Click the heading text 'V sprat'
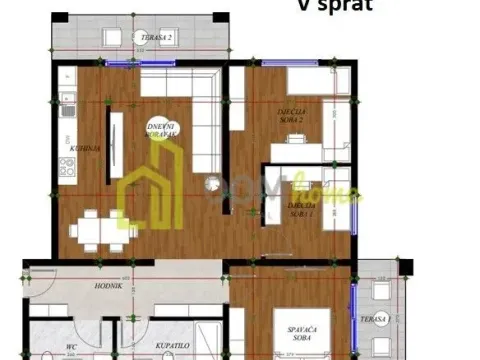335,5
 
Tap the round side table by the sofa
213,184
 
